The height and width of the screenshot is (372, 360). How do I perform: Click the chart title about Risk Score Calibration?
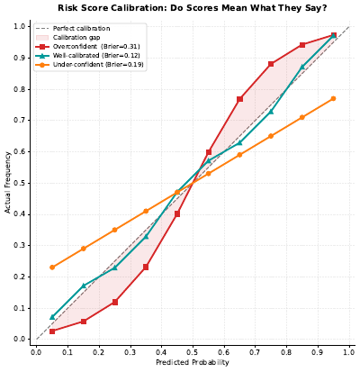click(192, 8)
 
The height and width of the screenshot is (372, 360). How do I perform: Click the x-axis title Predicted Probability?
click(192, 362)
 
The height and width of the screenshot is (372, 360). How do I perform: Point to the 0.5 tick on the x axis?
click(193, 351)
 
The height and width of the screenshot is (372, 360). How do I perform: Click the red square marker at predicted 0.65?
click(240, 99)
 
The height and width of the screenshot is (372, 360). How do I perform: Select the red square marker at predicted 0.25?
click(114, 302)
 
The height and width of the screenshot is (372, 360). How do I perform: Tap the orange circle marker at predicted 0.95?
click(334, 99)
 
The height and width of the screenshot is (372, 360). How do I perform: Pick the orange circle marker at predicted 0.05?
click(52, 268)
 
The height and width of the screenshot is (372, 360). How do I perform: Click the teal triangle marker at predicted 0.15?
click(84, 286)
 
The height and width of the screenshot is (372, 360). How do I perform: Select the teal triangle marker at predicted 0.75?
click(271, 111)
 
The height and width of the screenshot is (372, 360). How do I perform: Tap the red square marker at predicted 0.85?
click(302, 45)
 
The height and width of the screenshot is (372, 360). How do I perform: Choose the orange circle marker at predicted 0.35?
click(146, 211)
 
